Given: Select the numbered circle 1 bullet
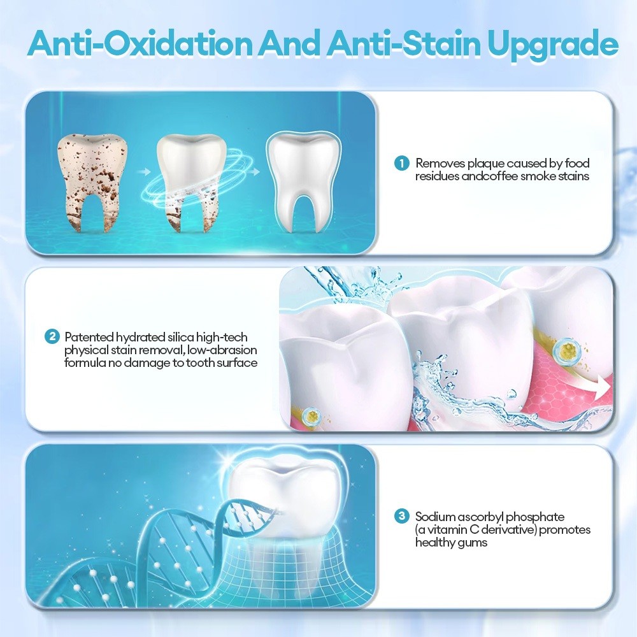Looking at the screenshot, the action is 402,164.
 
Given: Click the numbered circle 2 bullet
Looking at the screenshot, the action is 52,337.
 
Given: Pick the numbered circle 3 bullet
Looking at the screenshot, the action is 402,517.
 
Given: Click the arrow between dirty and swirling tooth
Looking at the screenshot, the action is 143,172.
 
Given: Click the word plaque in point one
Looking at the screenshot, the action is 485,164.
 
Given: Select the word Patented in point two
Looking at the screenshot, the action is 89,337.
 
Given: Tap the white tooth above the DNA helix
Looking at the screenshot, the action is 283,495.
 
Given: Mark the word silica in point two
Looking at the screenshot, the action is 181,337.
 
